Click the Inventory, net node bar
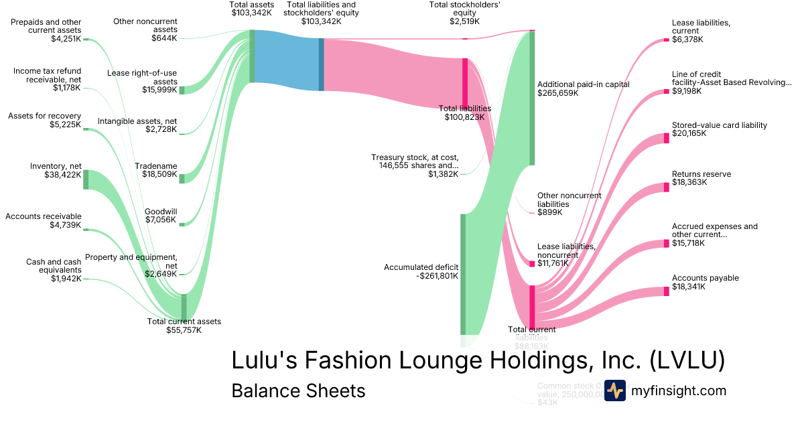pyautogui.click(x=86, y=180)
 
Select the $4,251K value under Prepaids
pyautogui.click(x=66, y=38)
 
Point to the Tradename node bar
pyautogui.click(x=182, y=176)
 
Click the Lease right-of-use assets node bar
pyautogui.click(x=182, y=90)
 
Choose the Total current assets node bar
pyautogui.click(x=184, y=307)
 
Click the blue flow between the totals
pyautogui.click(x=286, y=60)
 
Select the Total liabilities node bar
pyautogui.click(x=465, y=81)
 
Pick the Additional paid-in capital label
pyautogui.click(x=584, y=84)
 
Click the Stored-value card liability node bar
pyautogui.click(x=666, y=137)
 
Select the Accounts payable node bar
pyautogui.click(x=666, y=291)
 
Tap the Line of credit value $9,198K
pyautogui.click(x=687, y=90)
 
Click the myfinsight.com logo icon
pyautogui.click(x=614, y=391)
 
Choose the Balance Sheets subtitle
pyautogui.click(x=298, y=391)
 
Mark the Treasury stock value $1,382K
pyautogui.click(x=444, y=174)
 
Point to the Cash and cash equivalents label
pyautogui.click(x=54, y=266)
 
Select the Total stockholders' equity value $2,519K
pyautogui.click(x=465, y=21)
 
